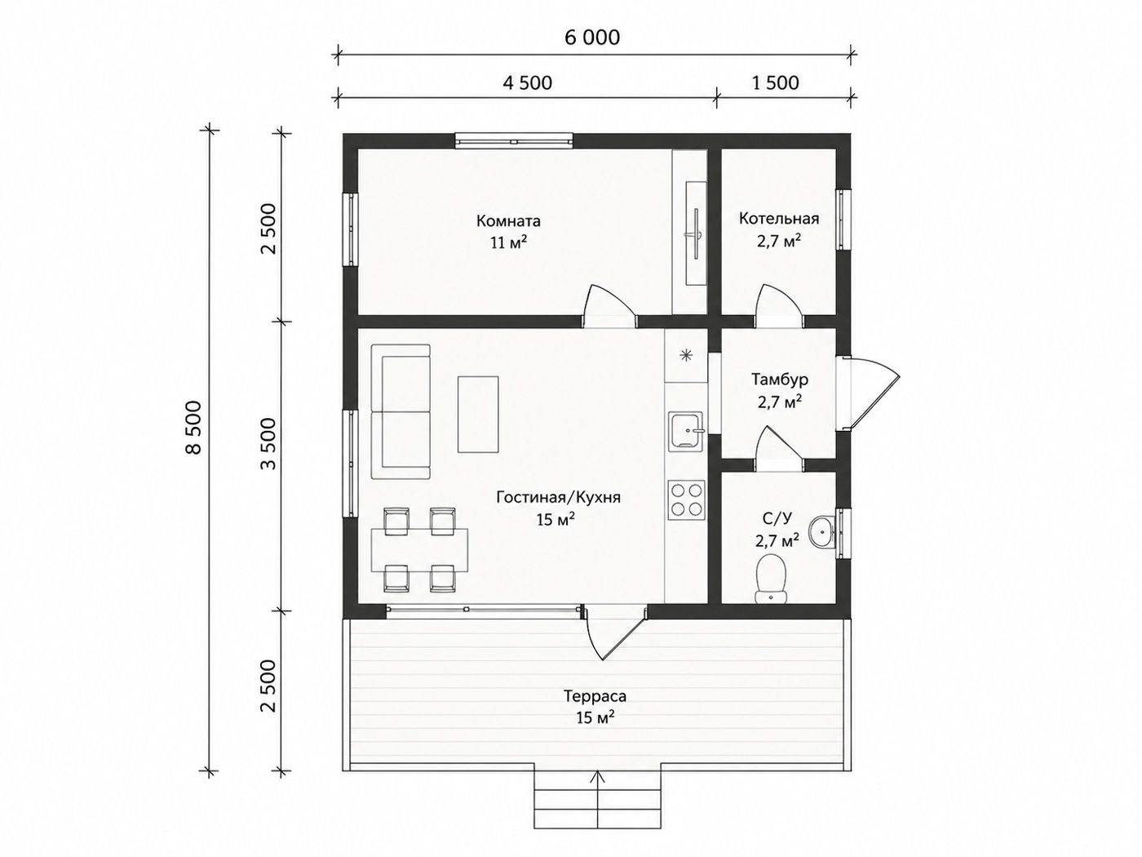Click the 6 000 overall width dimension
pos(592,38)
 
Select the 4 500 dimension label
pos(527,82)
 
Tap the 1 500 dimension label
pos(775,82)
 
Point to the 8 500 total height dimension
pos(194,427)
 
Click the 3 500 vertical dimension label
pos(269,443)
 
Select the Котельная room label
pos(779,219)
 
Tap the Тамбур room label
pos(779,380)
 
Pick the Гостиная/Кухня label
pos(558,497)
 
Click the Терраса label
pos(595,696)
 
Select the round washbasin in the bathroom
pos(821,531)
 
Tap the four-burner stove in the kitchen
pos(686,500)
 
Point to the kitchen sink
pos(686,430)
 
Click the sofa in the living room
pos(401,411)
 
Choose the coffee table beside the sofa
pos(478,414)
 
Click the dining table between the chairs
pos(419,550)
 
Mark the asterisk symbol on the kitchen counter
pos(686,355)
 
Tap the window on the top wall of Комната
pos(514,141)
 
